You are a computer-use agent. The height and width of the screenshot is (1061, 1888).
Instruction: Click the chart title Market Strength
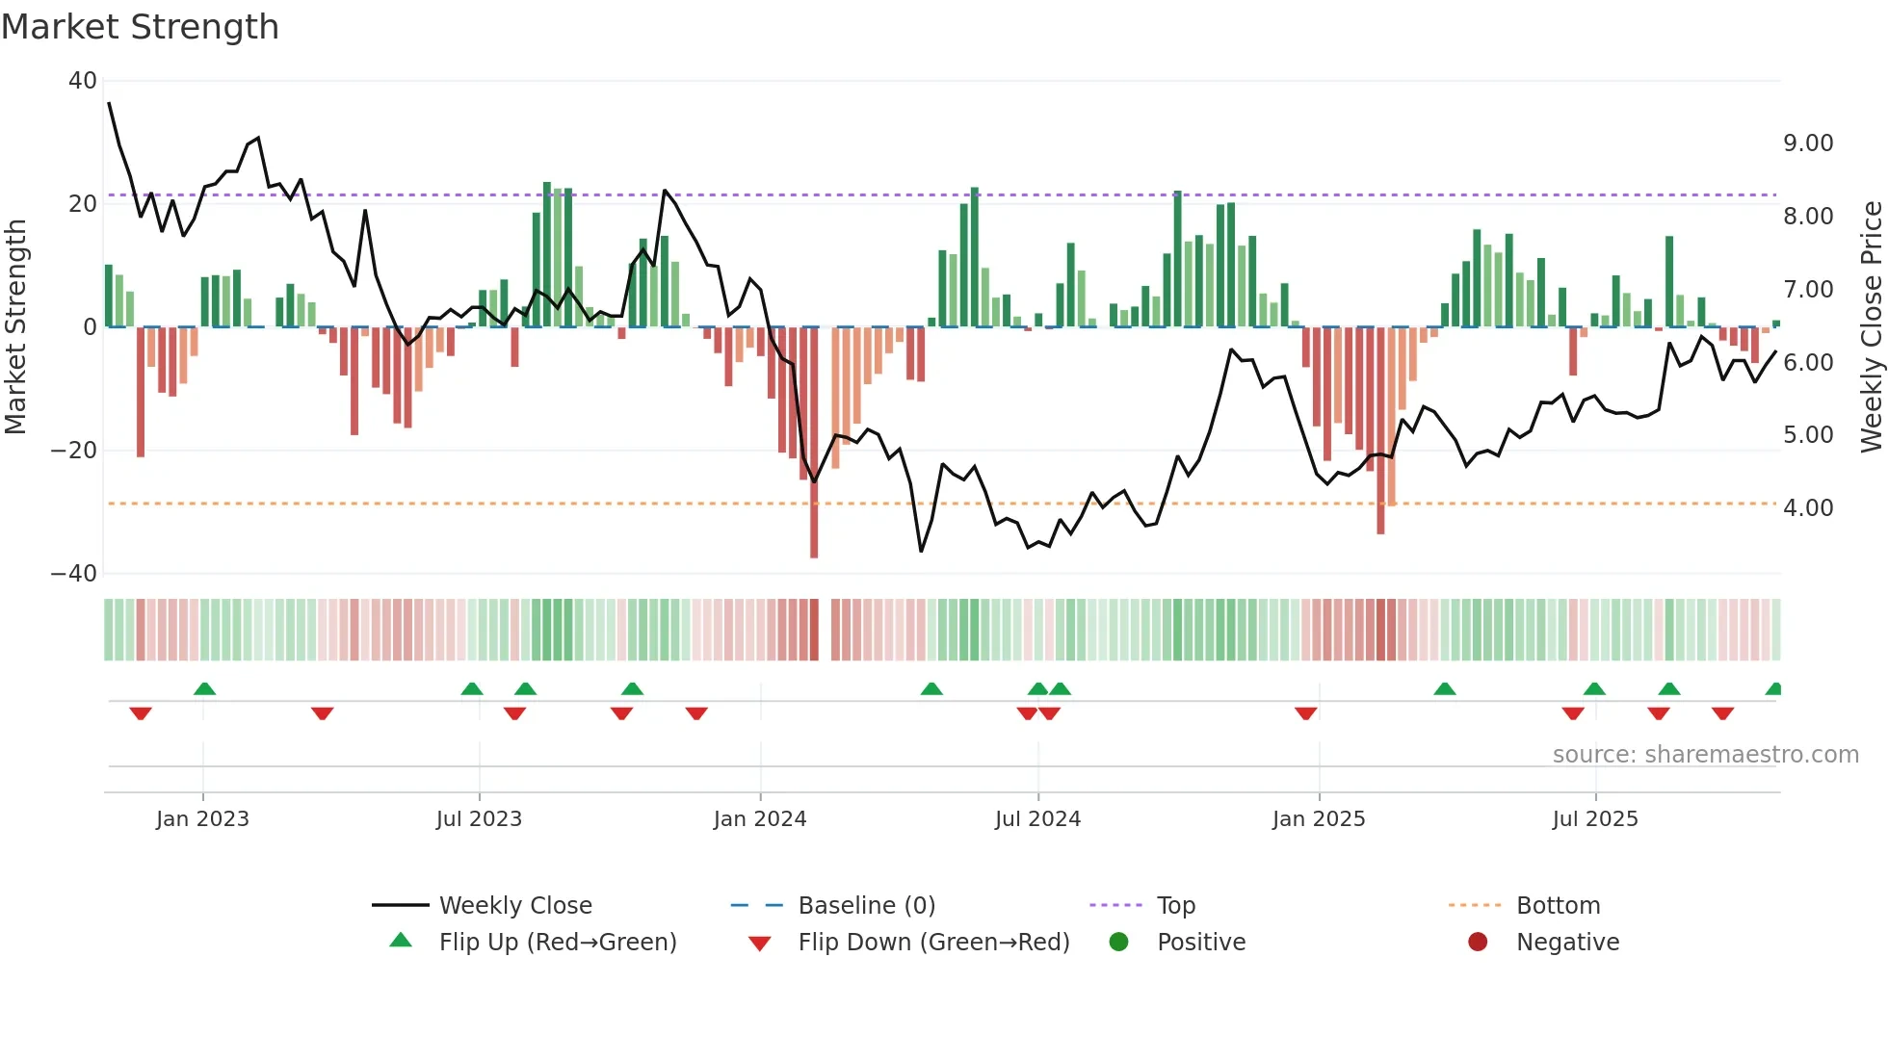(x=140, y=27)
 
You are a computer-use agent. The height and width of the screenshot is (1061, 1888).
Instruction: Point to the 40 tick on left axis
(x=83, y=81)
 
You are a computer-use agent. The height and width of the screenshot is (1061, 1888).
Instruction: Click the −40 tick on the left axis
(x=75, y=574)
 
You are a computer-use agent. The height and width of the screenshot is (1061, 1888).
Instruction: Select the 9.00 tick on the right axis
(x=1808, y=143)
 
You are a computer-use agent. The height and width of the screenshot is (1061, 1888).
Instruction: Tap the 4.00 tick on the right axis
(x=1808, y=508)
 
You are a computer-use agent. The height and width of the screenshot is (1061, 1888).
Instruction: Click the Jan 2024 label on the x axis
(x=760, y=819)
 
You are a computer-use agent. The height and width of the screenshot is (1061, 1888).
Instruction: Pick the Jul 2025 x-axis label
(x=1595, y=819)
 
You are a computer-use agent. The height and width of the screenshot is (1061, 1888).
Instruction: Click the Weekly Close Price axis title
(x=1871, y=327)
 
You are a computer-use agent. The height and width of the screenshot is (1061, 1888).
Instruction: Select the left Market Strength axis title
(x=16, y=327)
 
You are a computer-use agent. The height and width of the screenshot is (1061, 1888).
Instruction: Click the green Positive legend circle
(x=1118, y=942)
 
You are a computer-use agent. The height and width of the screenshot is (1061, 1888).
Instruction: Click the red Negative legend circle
(x=1478, y=942)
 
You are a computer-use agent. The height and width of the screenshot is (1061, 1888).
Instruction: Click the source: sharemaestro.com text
(x=1705, y=755)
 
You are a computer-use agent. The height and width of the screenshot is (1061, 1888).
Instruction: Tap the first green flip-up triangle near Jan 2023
(x=204, y=688)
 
